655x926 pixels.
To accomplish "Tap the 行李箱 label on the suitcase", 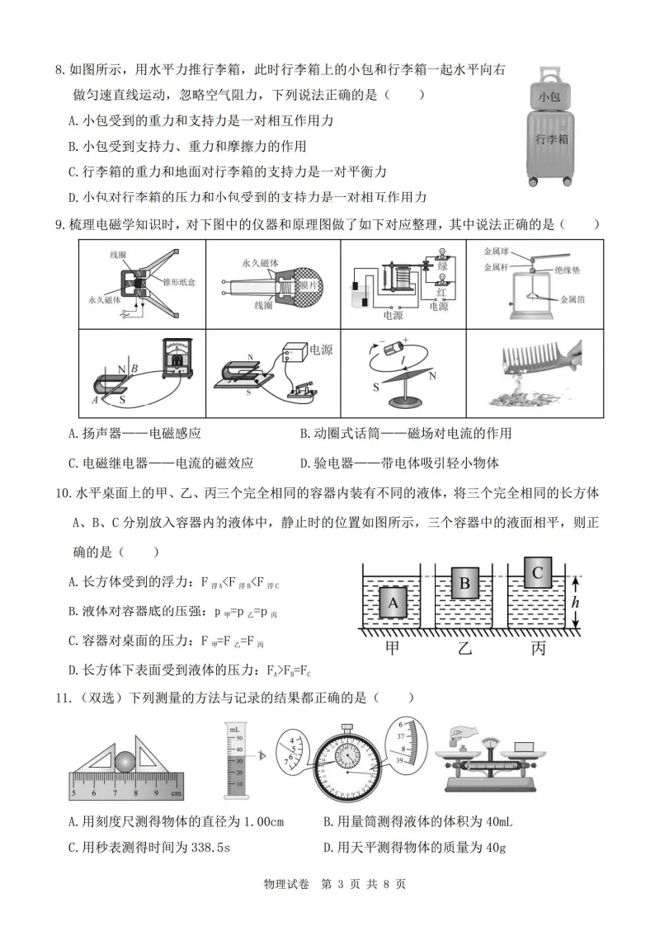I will (x=552, y=139).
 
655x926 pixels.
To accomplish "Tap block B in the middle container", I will (x=464, y=585).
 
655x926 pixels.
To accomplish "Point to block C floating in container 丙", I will (x=537, y=571).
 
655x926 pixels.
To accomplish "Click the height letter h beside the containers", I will (x=576, y=604).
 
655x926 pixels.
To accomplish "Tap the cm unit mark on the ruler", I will (x=176, y=793).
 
